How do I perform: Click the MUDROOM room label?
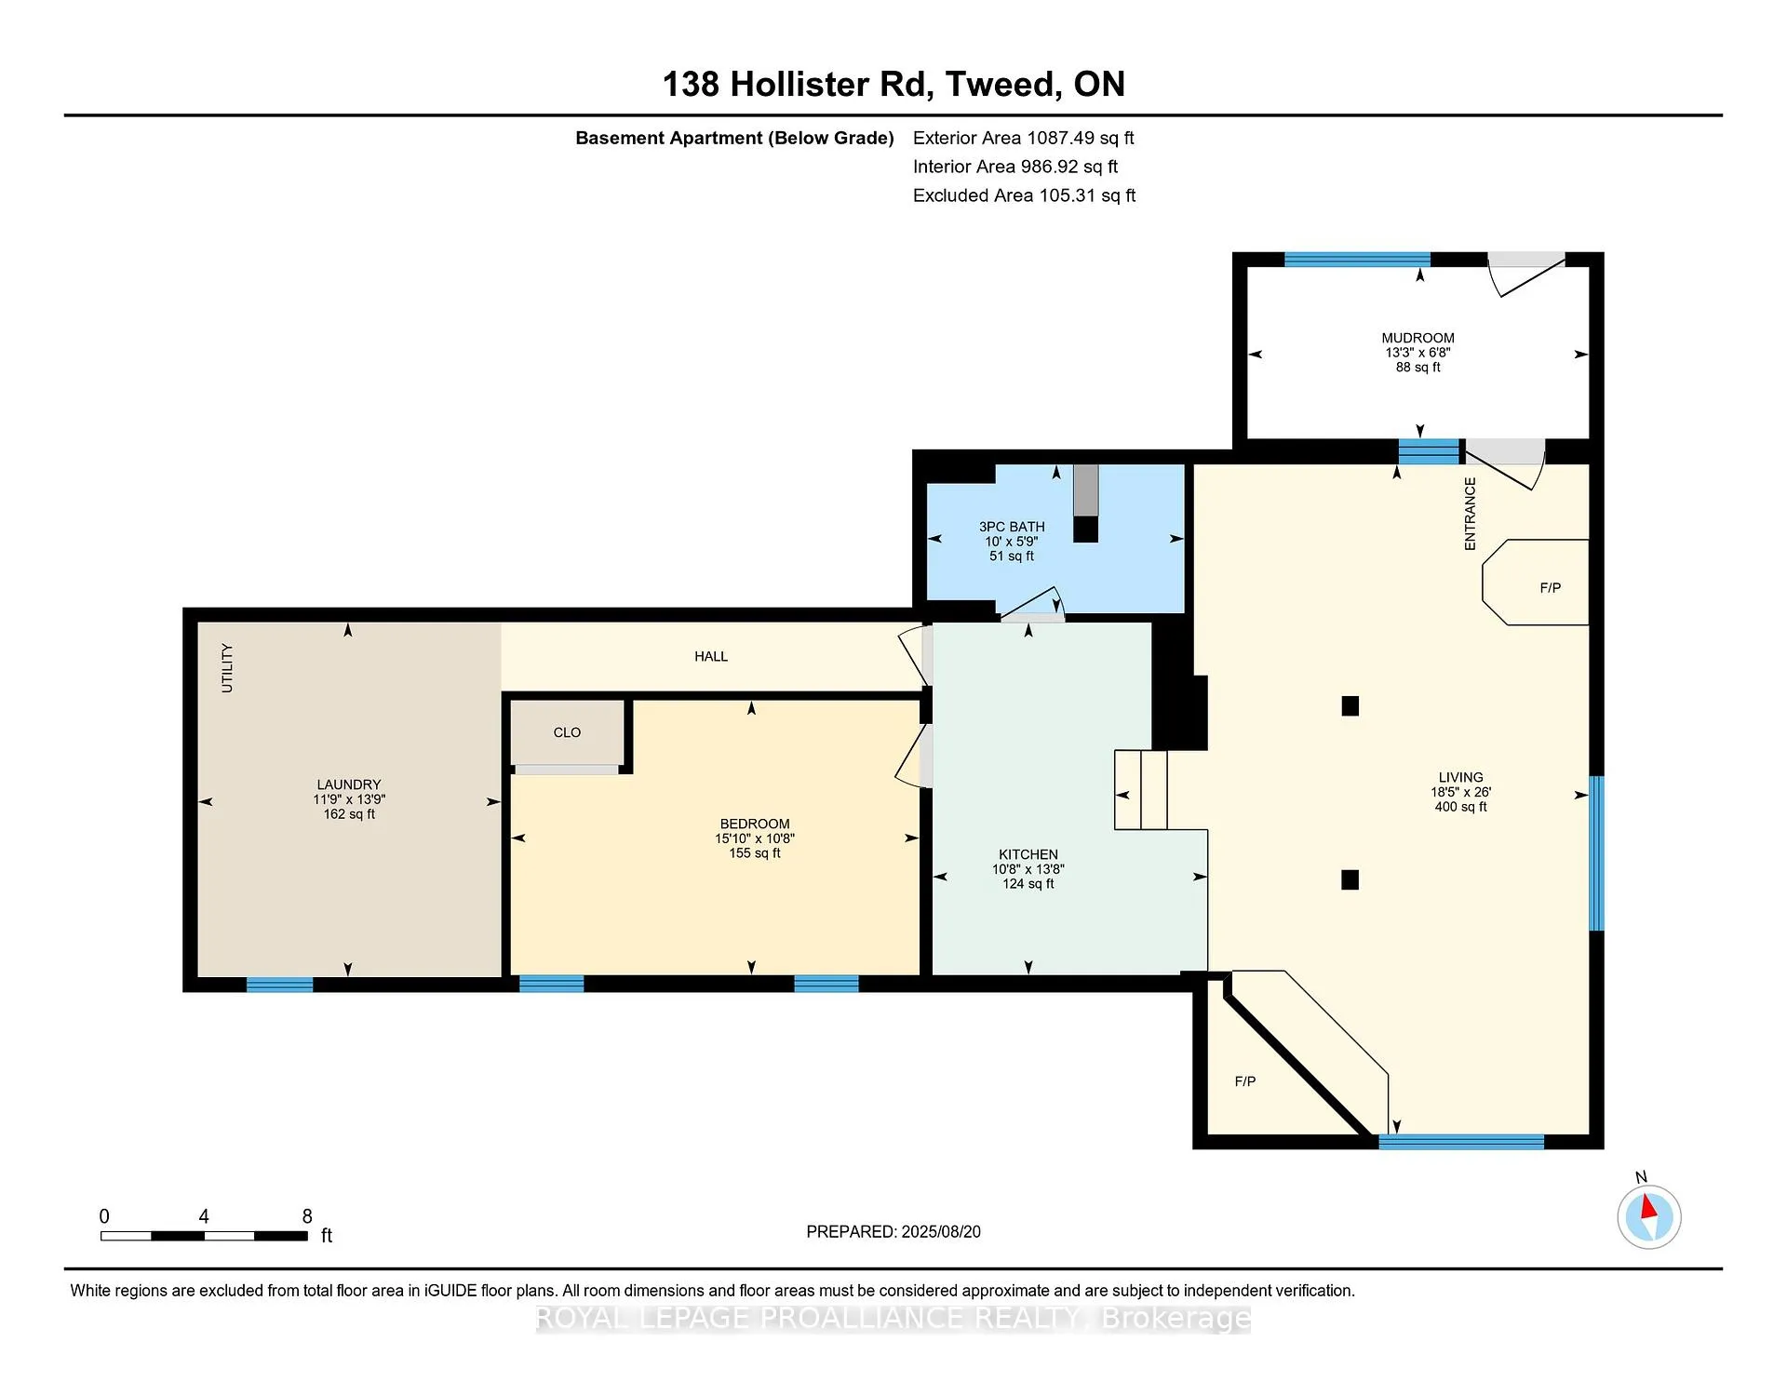coord(1418,338)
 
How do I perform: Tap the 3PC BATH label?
coord(1012,527)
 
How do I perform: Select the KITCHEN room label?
coord(1028,854)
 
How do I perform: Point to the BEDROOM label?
coord(755,824)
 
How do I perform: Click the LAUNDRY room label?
coord(349,784)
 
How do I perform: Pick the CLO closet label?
coord(567,732)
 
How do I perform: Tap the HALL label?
coord(711,656)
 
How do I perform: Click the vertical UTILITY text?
coord(227,668)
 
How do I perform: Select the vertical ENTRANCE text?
coord(1471,514)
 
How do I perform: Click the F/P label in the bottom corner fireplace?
coord(1245,1081)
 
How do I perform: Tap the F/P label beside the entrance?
coord(1551,588)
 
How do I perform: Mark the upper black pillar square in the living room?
coord(1350,706)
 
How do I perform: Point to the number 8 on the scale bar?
coord(307,1216)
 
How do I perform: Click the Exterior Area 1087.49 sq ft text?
coord(1024,138)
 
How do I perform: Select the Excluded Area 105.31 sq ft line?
coord(1025,195)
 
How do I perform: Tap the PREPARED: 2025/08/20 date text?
coord(893,1231)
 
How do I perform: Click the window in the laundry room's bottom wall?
coord(280,985)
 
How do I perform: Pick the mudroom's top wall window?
coord(1357,260)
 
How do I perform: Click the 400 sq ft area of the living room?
coord(1461,807)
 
